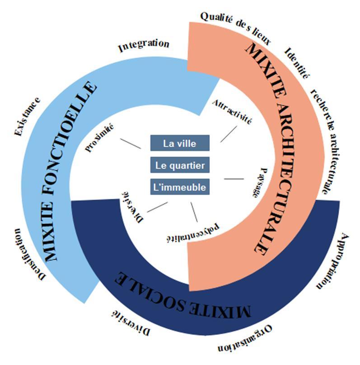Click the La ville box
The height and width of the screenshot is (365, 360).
click(x=180, y=143)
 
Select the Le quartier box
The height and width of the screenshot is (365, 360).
click(x=180, y=165)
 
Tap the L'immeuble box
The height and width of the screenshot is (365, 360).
click(x=180, y=187)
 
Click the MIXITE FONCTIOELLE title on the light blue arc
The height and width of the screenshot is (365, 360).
click(x=71, y=172)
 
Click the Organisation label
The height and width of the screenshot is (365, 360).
click(x=246, y=341)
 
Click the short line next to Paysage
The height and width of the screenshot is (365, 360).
click(x=234, y=179)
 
